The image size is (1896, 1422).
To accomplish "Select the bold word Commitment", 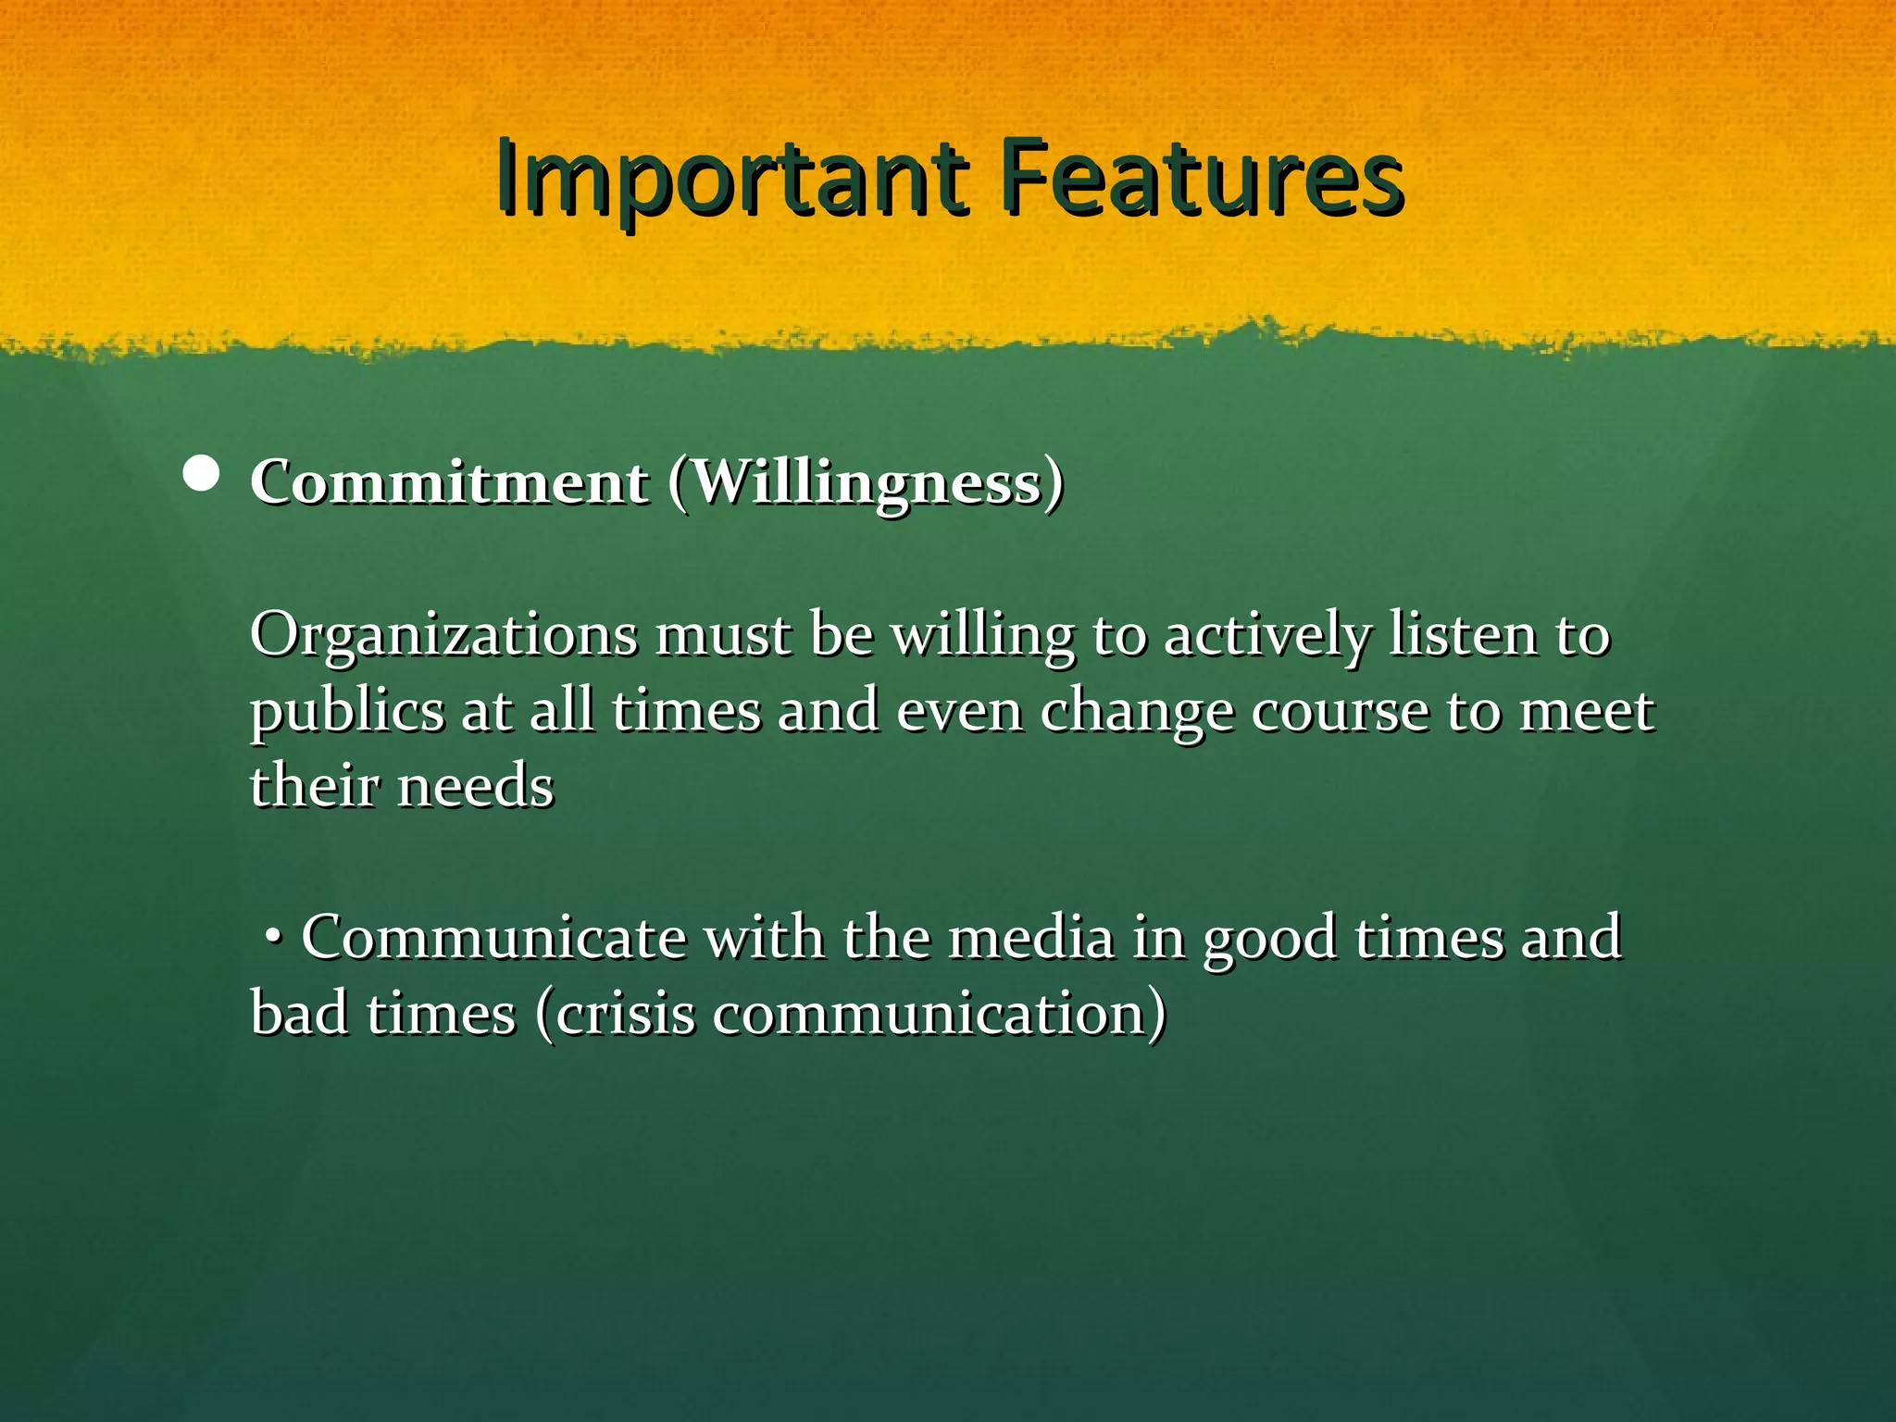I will tap(449, 482).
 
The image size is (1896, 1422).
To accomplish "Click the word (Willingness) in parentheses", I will tap(866, 482).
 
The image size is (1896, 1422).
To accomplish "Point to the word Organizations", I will tap(443, 637).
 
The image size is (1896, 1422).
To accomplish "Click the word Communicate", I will tap(493, 939).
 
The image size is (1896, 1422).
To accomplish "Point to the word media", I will tap(1032, 939).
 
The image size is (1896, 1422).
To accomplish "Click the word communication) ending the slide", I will tap(939, 1015).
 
